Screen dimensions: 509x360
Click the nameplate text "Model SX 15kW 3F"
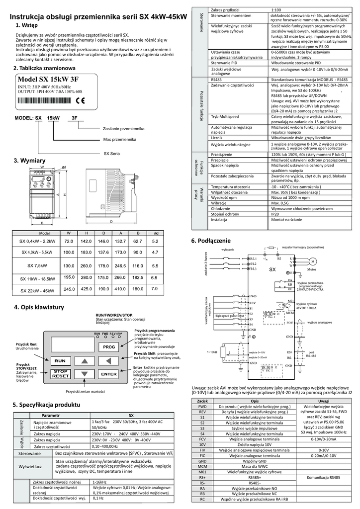48,79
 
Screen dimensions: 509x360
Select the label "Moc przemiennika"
120,140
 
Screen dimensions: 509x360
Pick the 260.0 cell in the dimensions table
86,266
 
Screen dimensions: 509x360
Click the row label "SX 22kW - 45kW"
37,291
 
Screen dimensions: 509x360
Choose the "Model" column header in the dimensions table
44,233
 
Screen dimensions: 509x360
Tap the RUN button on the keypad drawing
60,360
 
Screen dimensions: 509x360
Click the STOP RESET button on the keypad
60,374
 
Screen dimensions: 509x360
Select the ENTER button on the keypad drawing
109,374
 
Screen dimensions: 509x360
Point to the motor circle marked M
313,261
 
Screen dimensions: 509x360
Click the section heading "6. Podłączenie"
211,241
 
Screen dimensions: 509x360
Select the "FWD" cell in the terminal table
202,406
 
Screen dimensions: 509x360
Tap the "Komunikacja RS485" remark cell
324,477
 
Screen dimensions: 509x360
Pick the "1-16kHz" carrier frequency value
99,482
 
